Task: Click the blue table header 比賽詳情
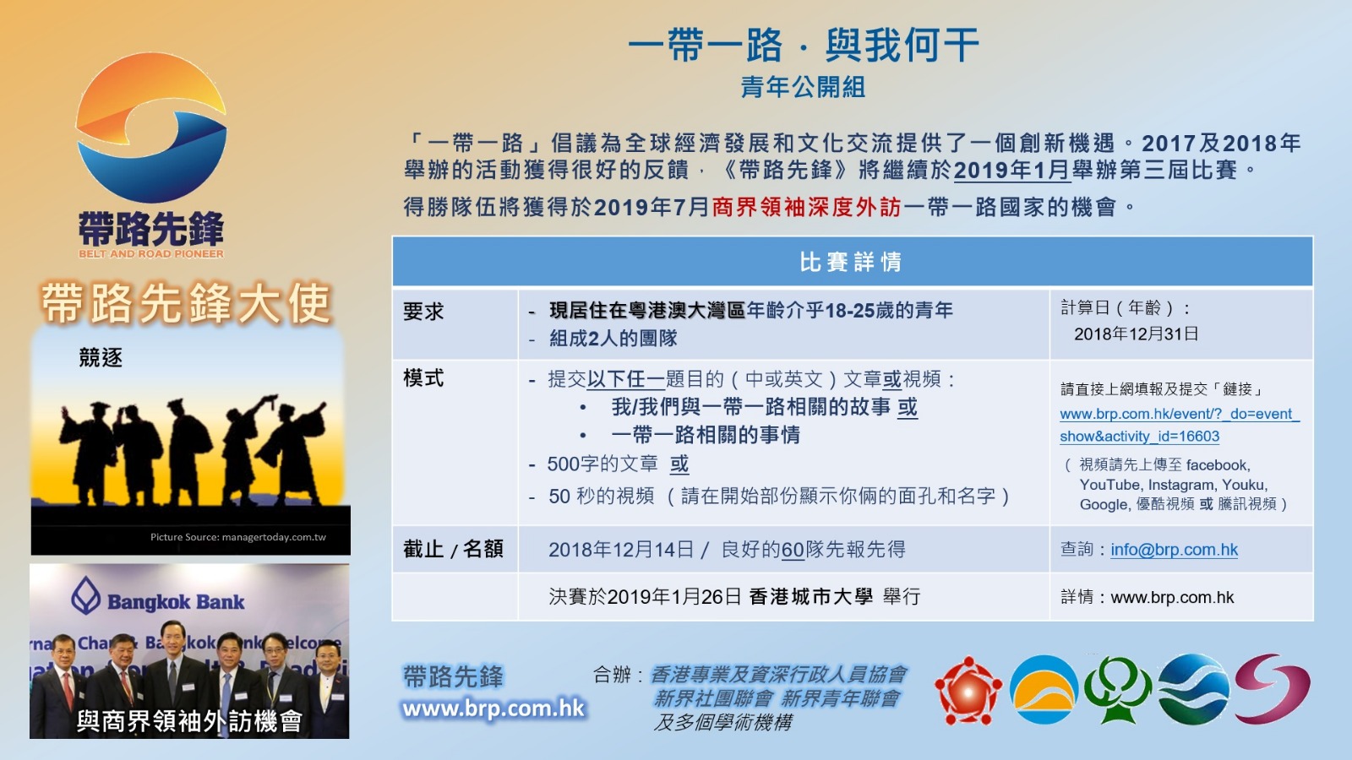[x=851, y=262]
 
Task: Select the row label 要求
[x=423, y=312]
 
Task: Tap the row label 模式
[x=423, y=378]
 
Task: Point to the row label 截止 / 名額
[x=453, y=549]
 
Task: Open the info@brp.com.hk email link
[x=1174, y=550]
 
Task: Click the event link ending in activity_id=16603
[x=1180, y=425]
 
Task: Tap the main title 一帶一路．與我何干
[x=804, y=46]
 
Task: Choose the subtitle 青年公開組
[x=804, y=88]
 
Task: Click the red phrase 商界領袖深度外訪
[x=806, y=208]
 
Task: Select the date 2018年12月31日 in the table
[x=1136, y=334]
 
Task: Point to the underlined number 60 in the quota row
[x=793, y=550]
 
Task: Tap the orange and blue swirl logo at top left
[x=151, y=128]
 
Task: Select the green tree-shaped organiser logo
[x=1118, y=689]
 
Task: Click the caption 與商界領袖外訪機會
[x=189, y=721]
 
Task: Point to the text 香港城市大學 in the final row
[x=810, y=596]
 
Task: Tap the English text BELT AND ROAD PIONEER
[x=151, y=254]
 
